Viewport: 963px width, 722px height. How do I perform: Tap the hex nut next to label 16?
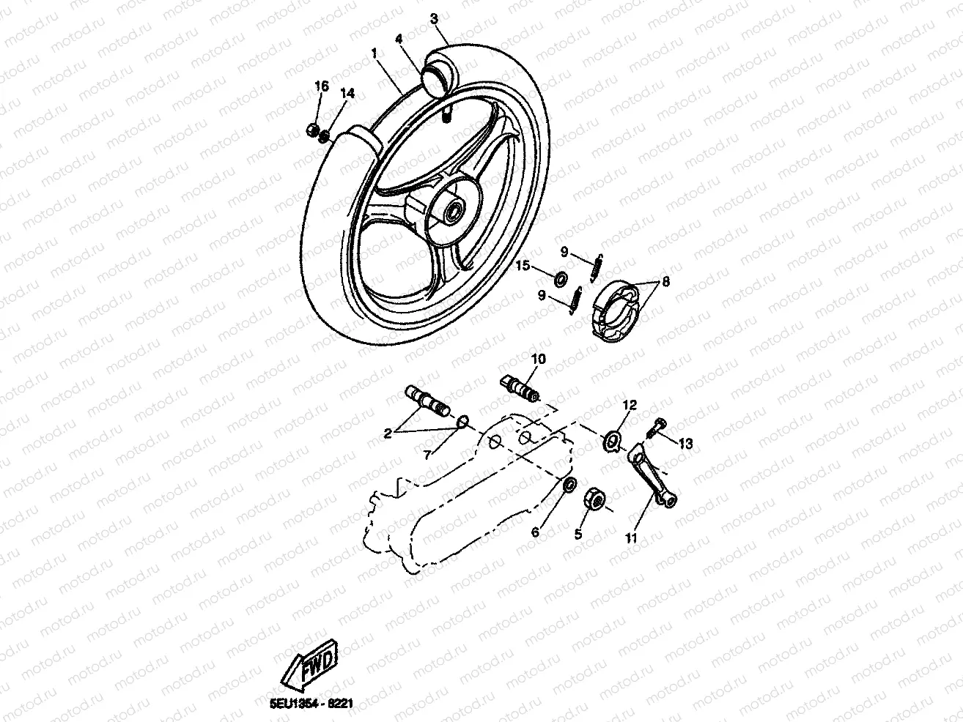[311, 132]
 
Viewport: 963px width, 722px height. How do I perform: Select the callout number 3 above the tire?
[435, 17]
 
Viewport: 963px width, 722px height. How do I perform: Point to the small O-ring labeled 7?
[462, 422]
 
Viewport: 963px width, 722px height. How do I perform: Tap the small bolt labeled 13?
[658, 424]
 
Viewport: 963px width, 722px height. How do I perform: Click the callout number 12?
[630, 405]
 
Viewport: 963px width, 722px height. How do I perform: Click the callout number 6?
[536, 532]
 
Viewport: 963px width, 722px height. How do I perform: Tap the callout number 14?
[347, 93]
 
